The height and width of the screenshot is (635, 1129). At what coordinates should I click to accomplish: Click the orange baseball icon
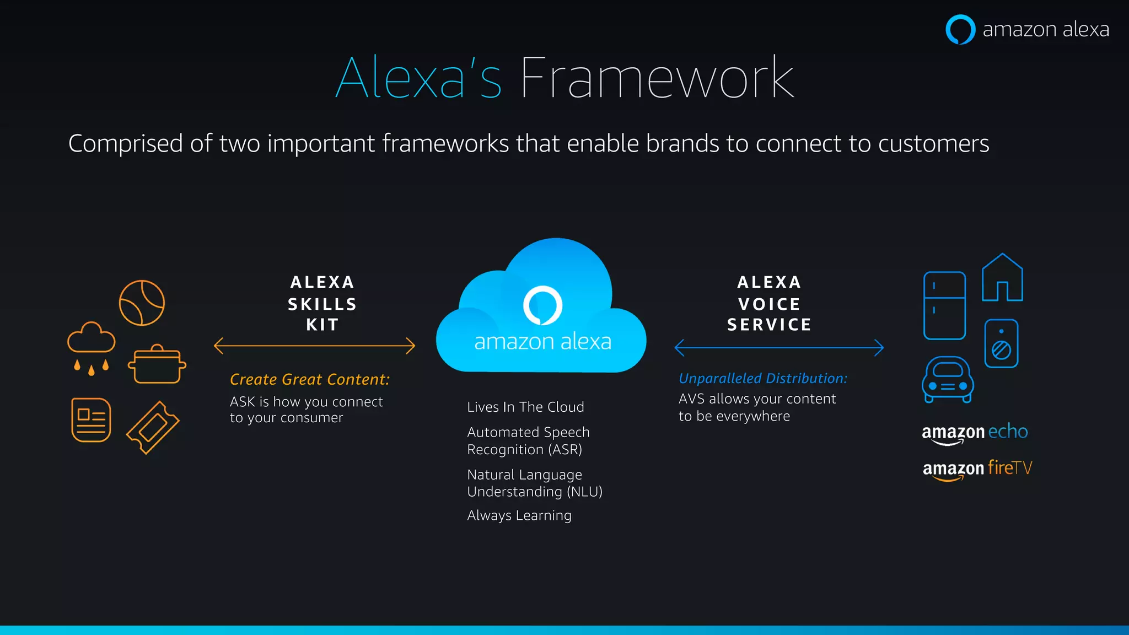[x=142, y=303]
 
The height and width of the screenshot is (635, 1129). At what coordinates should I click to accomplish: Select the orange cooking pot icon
[x=157, y=364]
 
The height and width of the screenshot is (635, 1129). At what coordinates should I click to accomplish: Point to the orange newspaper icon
[x=91, y=420]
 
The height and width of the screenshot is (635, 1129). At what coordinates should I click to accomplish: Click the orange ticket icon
[x=153, y=427]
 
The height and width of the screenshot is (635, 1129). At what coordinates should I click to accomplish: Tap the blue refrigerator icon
[x=944, y=305]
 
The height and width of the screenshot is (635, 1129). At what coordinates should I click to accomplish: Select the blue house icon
[x=1002, y=278]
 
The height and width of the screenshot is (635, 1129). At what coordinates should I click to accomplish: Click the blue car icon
[x=948, y=380]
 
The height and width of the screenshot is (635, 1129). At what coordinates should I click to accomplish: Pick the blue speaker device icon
[x=1001, y=343]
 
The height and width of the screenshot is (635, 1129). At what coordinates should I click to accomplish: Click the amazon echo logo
[x=975, y=433]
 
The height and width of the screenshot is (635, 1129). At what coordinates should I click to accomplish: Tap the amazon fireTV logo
[x=977, y=469]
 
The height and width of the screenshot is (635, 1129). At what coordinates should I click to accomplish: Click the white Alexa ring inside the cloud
[x=542, y=305]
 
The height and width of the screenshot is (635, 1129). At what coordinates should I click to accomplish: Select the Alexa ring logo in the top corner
[x=960, y=29]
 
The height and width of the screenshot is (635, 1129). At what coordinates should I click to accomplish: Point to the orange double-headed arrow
[x=314, y=346]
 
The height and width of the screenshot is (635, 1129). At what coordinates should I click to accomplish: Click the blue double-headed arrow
[x=779, y=348]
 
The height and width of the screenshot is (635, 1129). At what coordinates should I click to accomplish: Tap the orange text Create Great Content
[x=309, y=379]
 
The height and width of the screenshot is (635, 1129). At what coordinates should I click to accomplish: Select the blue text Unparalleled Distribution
[x=762, y=378]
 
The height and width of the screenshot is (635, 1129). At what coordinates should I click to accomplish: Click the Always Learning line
[x=519, y=515]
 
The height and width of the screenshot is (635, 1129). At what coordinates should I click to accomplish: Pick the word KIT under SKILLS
[x=322, y=325]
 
